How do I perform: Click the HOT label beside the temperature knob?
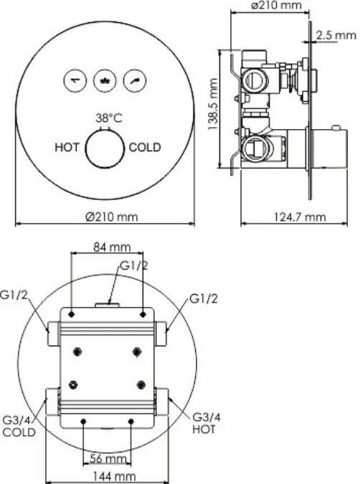point(67,147)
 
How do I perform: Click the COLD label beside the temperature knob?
point(145,147)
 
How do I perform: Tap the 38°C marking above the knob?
point(109,118)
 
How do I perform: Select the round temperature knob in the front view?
point(105,148)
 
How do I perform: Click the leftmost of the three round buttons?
point(75,80)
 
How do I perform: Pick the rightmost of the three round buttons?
point(135,80)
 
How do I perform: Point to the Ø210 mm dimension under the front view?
point(111,217)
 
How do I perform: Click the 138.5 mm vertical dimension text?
point(213,105)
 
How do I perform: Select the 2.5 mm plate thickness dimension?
point(336,35)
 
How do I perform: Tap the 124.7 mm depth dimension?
point(300,217)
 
